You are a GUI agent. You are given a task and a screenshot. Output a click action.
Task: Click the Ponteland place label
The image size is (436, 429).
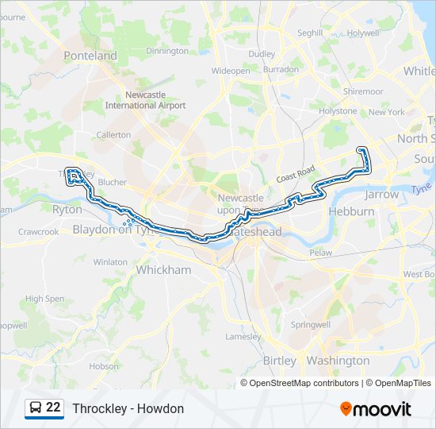(90, 56)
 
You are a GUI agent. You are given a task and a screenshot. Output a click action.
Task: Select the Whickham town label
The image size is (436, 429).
(164, 270)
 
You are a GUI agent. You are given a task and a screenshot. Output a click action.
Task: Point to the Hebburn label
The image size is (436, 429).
(352, 212)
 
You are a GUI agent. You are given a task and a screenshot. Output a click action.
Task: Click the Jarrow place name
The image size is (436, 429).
(381, 194)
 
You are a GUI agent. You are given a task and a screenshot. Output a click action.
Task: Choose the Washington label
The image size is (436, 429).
(337, 361)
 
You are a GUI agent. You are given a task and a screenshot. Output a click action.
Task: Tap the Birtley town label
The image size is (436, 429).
(279, 361)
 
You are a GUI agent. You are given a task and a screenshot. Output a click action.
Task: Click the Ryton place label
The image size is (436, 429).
(67, 210)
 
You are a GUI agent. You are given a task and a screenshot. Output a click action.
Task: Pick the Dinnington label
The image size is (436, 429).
(167, 51)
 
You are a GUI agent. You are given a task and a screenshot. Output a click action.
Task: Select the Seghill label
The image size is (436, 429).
(310, 33)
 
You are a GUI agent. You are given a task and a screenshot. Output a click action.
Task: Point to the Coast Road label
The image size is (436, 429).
(296, 173)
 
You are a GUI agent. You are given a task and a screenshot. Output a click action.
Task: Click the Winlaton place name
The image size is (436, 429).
(110, 261)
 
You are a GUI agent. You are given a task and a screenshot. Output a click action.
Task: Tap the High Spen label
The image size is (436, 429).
(44, 299)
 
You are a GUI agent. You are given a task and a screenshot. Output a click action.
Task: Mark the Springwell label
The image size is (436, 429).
(311, 325)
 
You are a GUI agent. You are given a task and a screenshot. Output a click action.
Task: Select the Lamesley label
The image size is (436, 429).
(243, 336)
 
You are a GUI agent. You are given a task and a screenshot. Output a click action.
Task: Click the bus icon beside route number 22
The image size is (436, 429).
(36, 408)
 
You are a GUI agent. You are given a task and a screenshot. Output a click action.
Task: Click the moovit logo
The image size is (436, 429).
(376, 408)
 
